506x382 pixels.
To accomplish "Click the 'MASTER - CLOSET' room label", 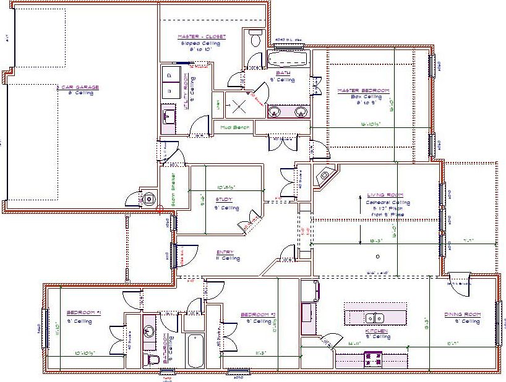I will click(x=201, y=37).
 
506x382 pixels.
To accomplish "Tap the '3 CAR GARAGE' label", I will click(x=77, y=87).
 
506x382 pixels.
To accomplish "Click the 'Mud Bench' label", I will click(x=235, y=127).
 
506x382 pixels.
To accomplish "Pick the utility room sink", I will click(x=169, y=115).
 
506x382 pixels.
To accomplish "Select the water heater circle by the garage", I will click(x=148, y=199).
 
